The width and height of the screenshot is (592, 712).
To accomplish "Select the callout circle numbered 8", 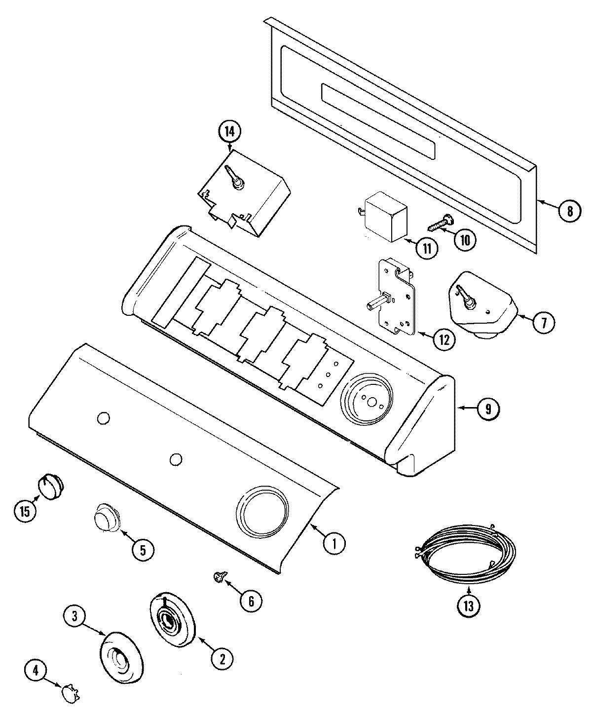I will tap(570, 211).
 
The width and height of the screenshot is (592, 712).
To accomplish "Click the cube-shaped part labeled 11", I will tap(386, 216).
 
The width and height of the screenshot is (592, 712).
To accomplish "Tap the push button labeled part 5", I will tap(107, 517).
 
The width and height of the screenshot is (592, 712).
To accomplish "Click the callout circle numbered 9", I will tap(487, 408).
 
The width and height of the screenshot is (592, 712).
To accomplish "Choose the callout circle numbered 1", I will tap(334, 543).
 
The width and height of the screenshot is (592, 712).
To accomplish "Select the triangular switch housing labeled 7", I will tap(481, 304).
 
